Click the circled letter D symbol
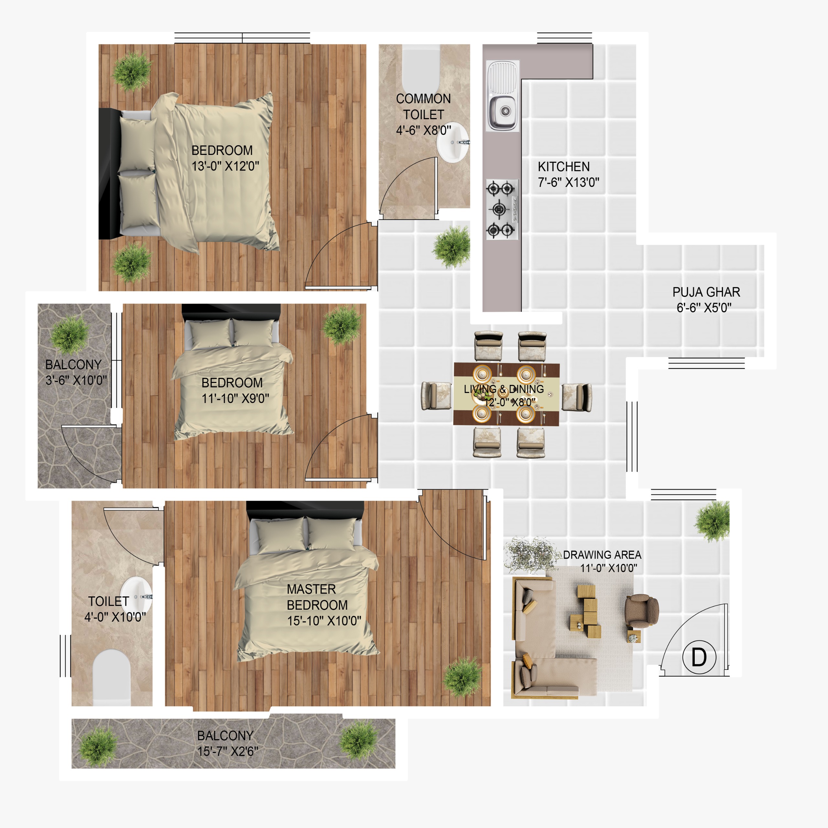pyautogui.click(x=699, y=657)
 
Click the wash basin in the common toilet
pyautogui.click(x=452, y=142)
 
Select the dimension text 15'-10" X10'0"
pyautogui.click(x=324, y=621)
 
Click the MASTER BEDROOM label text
pyautogui.click(x=317, y=597)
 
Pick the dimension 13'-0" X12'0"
pyautogui.click(x=225, y=166)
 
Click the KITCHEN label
pyautogui.click(x=563, y=166)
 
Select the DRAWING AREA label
pyautogui.click(x=602, y=555)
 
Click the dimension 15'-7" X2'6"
pyautogui.click(x=228, y=751)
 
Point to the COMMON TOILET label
pyautogui.click(x=423, y=107)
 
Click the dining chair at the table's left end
pyautogui.click(x=436, y=396)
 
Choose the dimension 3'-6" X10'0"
pyautogui.click(x=76, y=380)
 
